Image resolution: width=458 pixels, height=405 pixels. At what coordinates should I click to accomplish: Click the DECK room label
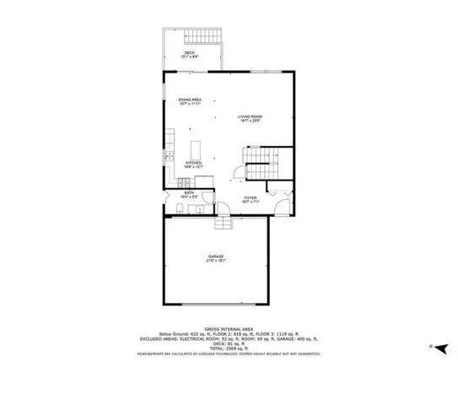(x=191, y=55)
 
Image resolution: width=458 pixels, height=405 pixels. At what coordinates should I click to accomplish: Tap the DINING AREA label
(x=189, y=101)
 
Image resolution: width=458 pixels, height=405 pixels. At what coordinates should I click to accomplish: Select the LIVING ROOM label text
(x=248, y=118)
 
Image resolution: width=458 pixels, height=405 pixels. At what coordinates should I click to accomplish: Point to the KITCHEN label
(x=194, y=165)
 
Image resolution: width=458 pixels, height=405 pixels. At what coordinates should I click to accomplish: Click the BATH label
(x=190, y=195)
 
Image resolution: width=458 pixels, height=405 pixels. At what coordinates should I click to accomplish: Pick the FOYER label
(x=251, y=199)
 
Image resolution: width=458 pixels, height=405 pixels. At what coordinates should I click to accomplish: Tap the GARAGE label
(x=217, y=258)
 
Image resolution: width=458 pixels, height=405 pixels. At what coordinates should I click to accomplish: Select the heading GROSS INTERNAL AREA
(x=228, y=329)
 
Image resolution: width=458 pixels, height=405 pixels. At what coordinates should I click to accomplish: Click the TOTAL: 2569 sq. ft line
(x=228, y=347)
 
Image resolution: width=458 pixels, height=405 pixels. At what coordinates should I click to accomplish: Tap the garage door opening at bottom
(x=216, y=302)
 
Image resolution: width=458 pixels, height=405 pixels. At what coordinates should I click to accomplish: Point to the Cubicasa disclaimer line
(x=228, y=354)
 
